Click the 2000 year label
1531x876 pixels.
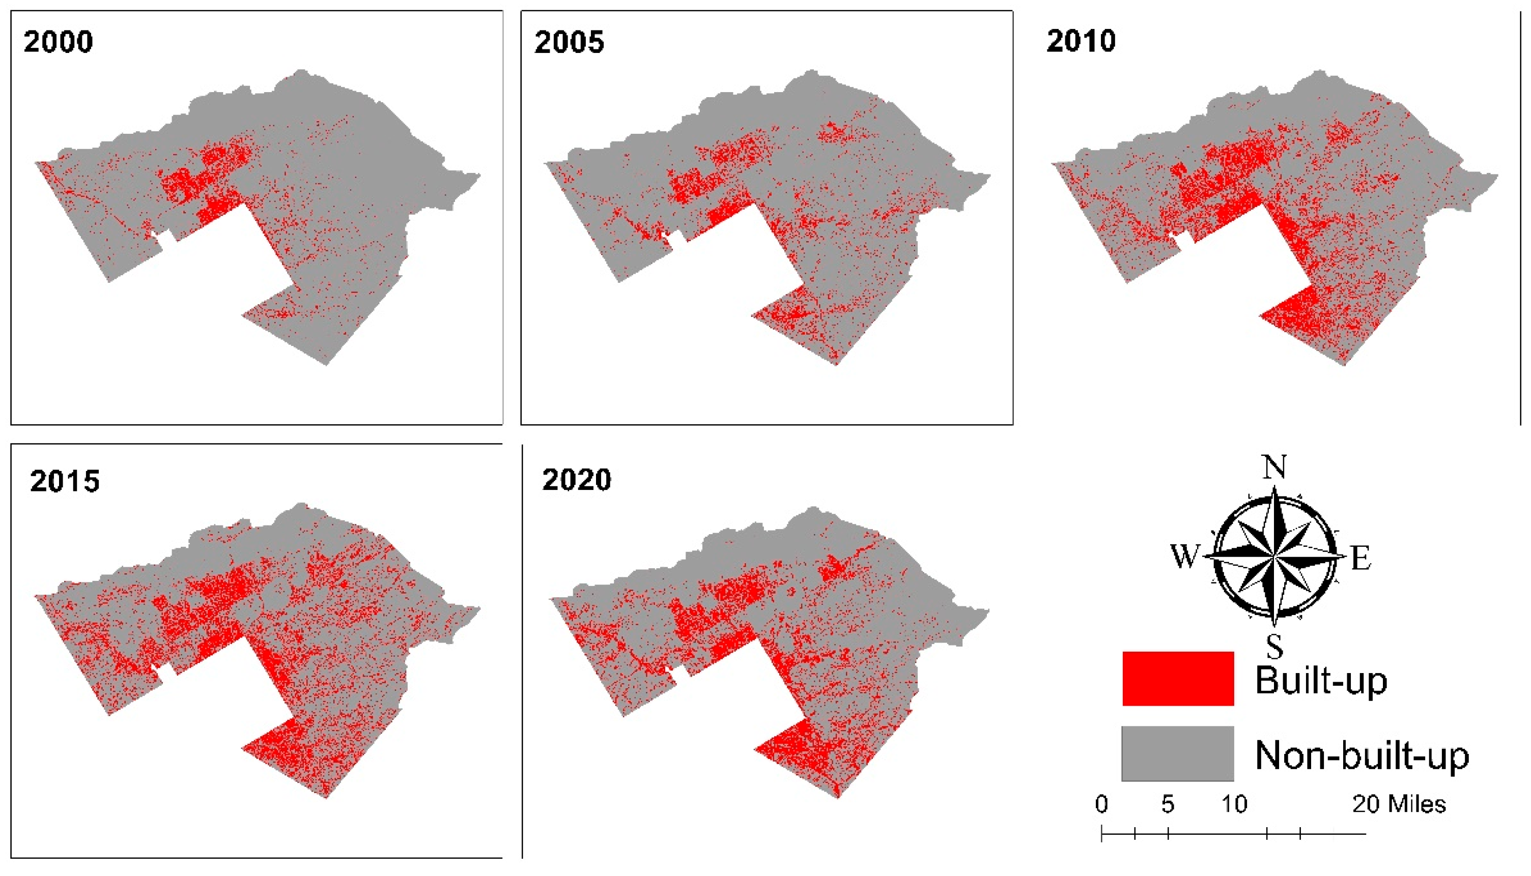tap(59, 42)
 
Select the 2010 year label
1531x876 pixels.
tap(1081, 41)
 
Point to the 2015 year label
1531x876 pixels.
tap(65, 481)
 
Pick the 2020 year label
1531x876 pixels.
tap(577, 480)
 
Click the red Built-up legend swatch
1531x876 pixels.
tap(1178, 679)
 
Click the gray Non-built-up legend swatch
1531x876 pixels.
tap(1178, 753)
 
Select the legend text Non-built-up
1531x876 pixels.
tap(1362, 755)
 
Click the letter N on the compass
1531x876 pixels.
tap(1274, 467)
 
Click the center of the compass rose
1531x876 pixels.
tap(1274, 557)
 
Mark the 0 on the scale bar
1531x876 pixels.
tap(1101, 804)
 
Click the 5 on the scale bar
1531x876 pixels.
tap(1168, 804)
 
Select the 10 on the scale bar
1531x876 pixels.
tap(1234, 804)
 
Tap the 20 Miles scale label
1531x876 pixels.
tap(1399, 804)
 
